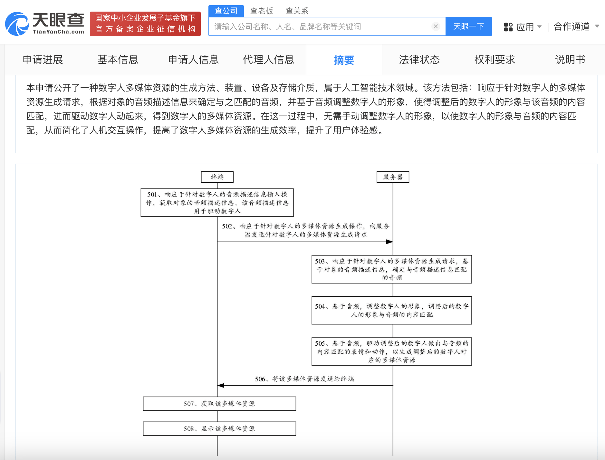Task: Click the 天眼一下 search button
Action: click(x=468, y=26)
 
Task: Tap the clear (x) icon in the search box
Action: click(x=436, y=26)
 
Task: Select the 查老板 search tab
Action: click(x=262, y=11)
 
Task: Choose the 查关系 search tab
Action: click(x=297, y=11)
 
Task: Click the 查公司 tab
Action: click(x=226, y=11)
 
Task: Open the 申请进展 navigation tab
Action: click(x=43, y=60)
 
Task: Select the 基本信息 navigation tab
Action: click(x=118, y=60)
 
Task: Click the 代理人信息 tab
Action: click(x=268, y=60)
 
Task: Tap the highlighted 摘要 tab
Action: click(x=344, y=60)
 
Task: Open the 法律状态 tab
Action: click(x=419, y=60)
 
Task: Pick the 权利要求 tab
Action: click(x=495, y=60)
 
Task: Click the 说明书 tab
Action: click(x=570, y=60)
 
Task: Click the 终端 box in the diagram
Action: click(x=217, y=177)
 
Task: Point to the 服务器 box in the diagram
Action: click(x=393, y=177)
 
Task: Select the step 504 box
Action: click(x=392, y=310)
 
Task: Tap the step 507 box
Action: click(x=219, y=404)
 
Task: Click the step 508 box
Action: click(x=219, y=429)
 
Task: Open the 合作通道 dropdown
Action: click(x=576, y=27)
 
